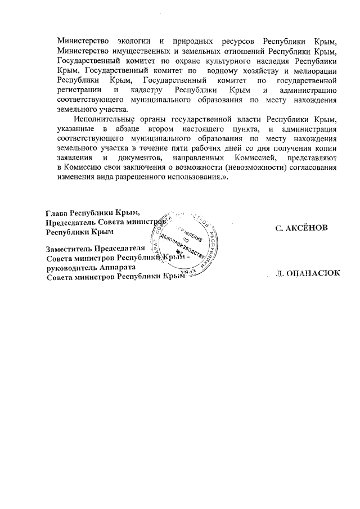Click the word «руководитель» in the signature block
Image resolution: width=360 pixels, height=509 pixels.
73,268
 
